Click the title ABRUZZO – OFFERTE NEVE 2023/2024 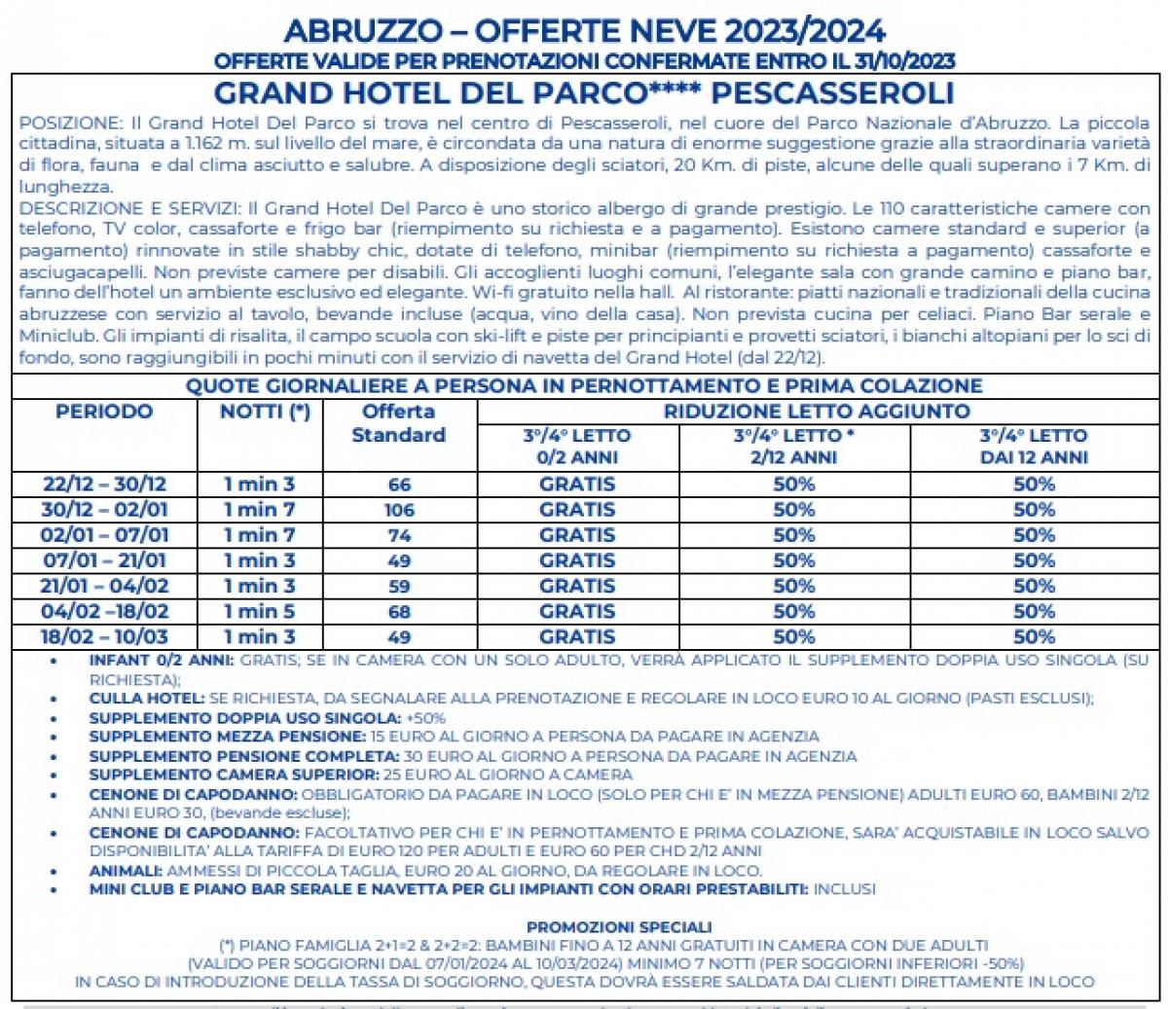point(584,31)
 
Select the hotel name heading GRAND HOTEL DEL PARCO point(429,93)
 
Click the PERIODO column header point(104,412)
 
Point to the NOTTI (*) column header point(265,412)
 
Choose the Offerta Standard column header point(398,423)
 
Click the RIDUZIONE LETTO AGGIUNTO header point(817,412)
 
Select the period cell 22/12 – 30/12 point(104,485)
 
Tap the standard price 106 point(399,510)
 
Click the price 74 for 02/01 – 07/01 point(399,535)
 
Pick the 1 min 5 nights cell point(259,611)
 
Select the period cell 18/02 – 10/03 point(104,637)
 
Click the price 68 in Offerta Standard point(399,611)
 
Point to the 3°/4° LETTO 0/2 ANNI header point(577,447)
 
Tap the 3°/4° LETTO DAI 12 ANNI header point(1034,447)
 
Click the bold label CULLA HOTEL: point(147,699)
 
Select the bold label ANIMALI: point(126,871)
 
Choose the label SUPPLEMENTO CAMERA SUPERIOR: point(234,775)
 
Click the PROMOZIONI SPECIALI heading point(619,927)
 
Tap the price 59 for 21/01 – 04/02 point(399,586)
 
